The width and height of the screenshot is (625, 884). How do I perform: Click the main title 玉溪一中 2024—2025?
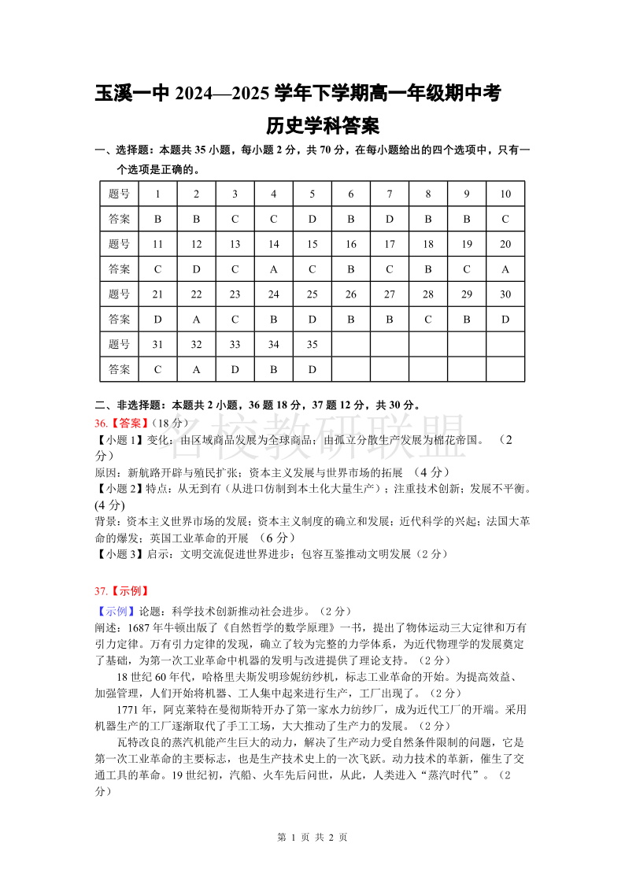coord(298,94)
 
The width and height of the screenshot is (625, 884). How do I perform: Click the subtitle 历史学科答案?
coord(323,125)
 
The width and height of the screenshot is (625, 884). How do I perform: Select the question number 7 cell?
coord(390,194)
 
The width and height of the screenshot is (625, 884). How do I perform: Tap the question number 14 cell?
coord(274,244)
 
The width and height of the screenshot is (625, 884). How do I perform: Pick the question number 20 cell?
coord(505,244)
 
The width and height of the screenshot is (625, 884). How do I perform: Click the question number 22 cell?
coord(197,294)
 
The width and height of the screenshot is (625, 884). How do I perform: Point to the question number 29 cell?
coord(467,294)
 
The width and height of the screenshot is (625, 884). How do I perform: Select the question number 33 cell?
coord(235,344)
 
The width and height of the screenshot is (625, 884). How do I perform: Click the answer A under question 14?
coord(274,269)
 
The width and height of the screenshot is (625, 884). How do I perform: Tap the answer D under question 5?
coord(312,219)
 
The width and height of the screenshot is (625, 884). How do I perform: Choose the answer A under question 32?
coord(197,369)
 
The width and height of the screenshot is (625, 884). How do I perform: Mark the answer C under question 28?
coord(428,320)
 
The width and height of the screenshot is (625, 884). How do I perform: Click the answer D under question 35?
coord(312,369)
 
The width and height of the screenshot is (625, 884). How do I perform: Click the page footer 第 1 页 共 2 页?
coord(312,837)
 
